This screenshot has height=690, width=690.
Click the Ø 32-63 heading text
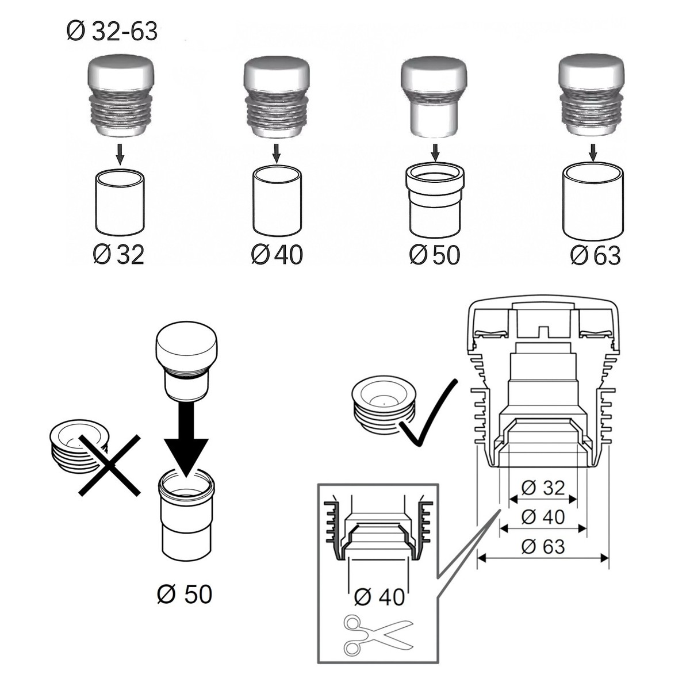(x=112, y=32)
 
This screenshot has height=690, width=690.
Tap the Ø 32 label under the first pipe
(x=118, y=255)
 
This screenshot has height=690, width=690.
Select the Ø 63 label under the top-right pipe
(x=596, y=255)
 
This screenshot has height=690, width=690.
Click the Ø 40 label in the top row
(x=277, y=255)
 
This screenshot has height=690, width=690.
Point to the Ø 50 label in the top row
(x=435, y=255)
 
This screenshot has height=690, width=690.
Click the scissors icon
(x=378, y=635)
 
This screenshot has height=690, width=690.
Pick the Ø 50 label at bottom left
(x=184, y=594)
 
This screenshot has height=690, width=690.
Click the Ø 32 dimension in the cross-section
(x=543, y=488)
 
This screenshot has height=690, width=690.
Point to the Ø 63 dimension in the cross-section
(x=543, y=546)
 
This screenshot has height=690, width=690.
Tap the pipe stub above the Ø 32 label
(x=120, y=201)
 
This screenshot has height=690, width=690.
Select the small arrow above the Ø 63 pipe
(x=593, y=154)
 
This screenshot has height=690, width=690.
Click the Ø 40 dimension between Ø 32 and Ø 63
(x=543, y=517)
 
